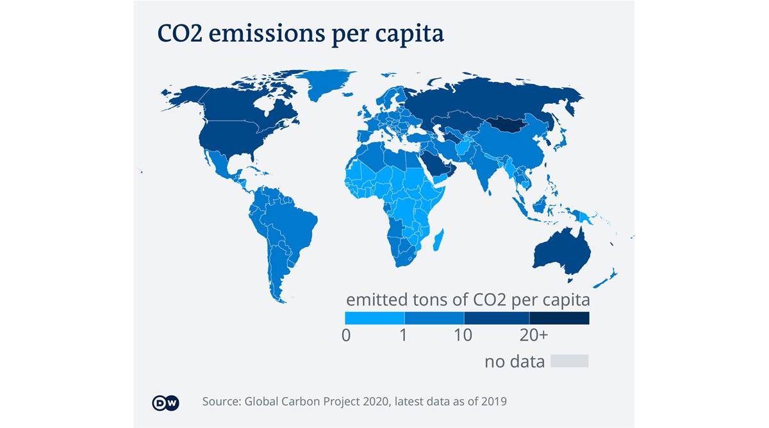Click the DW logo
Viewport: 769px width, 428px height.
[x=165, y=402]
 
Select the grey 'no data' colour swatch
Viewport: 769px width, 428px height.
[x=569, y=361]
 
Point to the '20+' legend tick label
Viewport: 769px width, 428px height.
[x=533, y=335]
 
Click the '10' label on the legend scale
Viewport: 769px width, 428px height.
[x=463, y=335]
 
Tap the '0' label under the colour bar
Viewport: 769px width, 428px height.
[x=347, y=335]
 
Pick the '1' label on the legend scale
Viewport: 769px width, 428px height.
[x=404, y=335]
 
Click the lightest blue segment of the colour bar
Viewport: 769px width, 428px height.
[x=374, y=318]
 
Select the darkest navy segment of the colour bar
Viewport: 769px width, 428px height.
[x=559, y=318]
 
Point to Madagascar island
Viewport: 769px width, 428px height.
[x=439, y=242]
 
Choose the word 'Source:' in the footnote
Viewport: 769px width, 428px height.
[x=220, y=402]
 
